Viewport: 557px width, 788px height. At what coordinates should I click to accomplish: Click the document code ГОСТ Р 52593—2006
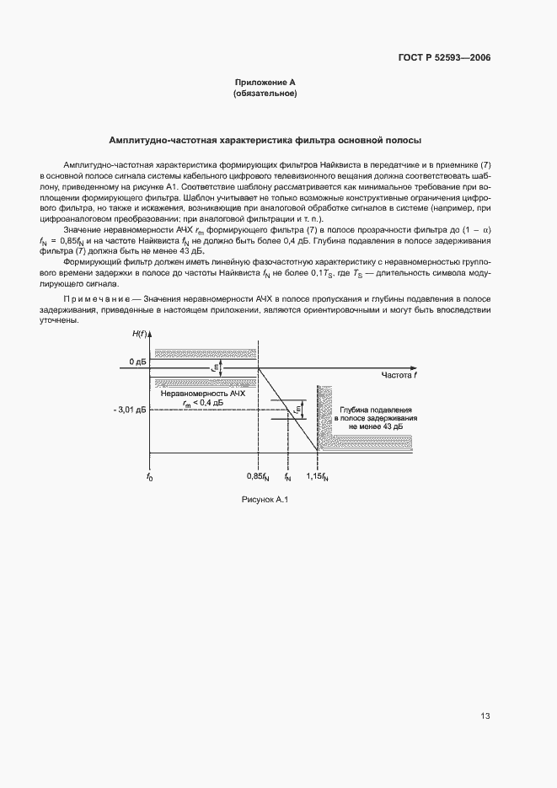[x=444, y=58]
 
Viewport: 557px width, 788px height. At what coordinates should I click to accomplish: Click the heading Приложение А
[x=265, y=83]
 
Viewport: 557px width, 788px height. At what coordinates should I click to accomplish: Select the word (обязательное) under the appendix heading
[x=265, y=94]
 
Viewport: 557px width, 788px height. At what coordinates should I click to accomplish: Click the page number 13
[x=485, y=716]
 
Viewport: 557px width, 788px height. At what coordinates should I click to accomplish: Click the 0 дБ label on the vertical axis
[x=137, y=362]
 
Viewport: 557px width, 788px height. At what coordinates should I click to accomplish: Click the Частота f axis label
[x=400, y=375]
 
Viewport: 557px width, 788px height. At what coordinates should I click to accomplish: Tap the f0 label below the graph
[x=149, y=478]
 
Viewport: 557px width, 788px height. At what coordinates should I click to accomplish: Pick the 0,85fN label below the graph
[x=258, y=478]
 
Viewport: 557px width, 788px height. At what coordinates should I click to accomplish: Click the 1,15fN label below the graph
[x=317, y=478]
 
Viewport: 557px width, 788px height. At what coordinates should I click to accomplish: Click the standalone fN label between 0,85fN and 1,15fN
[x=288, y=478]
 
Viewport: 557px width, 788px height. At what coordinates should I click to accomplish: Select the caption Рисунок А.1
[x=265, y=501]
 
